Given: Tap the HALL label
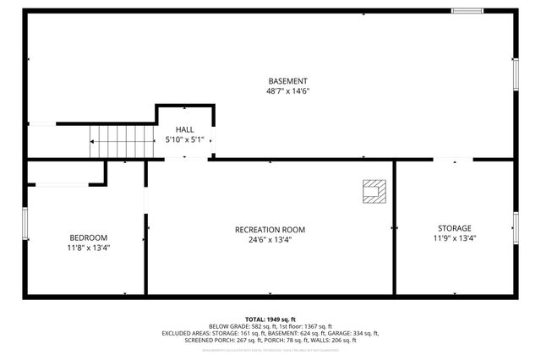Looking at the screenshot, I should (184, 129).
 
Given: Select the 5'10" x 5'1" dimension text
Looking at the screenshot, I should (184, 140).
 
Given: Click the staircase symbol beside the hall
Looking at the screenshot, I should (123, 139).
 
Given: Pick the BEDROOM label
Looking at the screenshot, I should (88, 237).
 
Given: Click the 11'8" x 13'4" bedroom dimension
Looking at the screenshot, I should (88, 248).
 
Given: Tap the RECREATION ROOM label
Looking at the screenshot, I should (270, 229).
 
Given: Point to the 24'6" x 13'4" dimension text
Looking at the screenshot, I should (270, 239).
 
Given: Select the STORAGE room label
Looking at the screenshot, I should (455, 228).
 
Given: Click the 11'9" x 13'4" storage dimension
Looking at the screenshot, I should (455, 238).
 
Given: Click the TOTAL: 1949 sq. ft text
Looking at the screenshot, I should (270, 319).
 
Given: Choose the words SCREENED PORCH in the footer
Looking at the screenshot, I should (207, 341).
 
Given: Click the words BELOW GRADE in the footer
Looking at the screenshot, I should (228, 326).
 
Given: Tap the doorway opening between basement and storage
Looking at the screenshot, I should (454, 159).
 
